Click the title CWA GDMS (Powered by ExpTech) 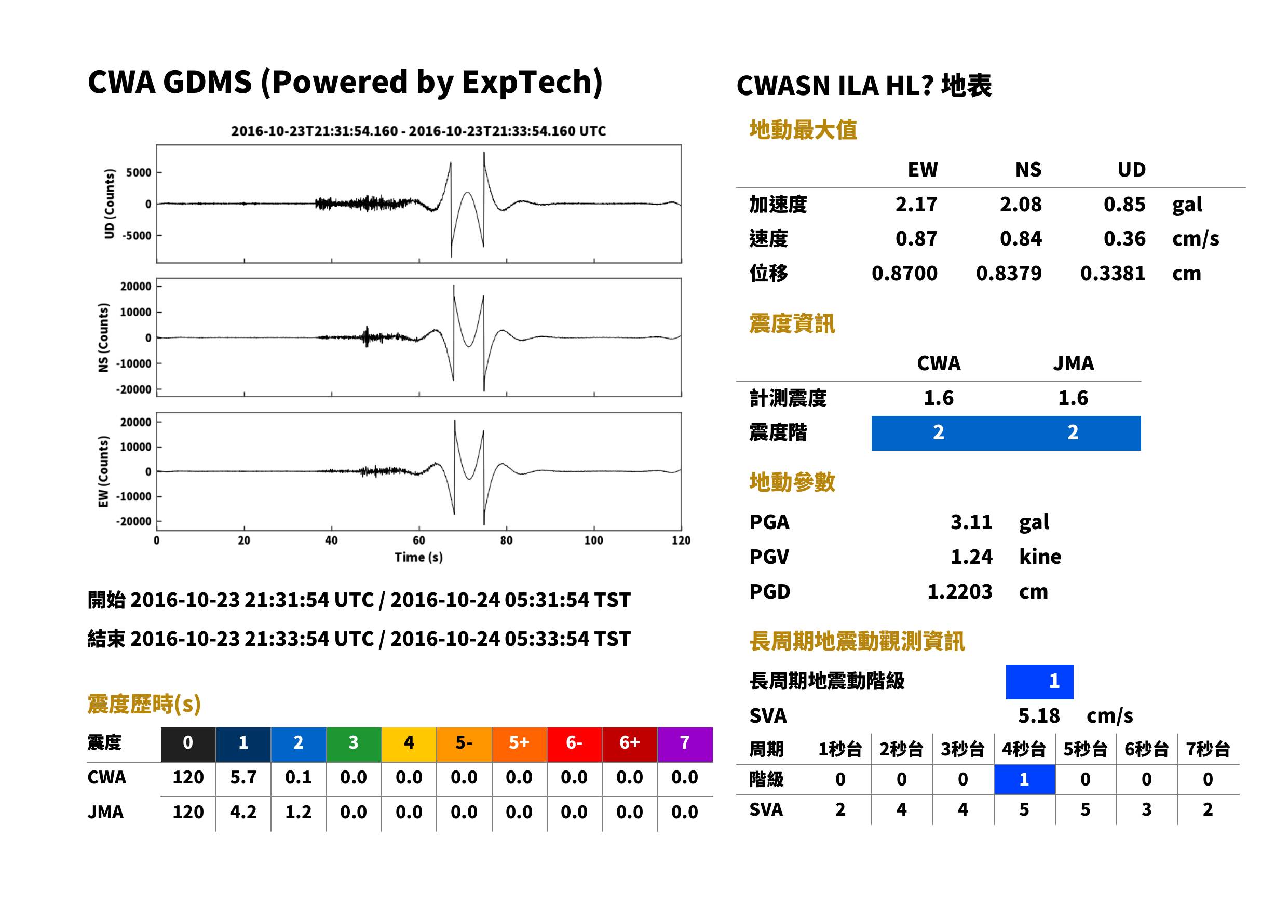(x=345, y=83)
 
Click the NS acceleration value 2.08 (x=1020, y=205)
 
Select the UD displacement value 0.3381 (x=1113, y=274)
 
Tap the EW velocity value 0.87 (x=916, y=239)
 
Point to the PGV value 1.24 (x=971, y=557)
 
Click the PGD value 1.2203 (x=959, y=592)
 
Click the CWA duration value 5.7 (x=243, y=778)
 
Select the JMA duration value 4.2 (x=243, y=813)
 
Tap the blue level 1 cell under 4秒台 (x=1024, y=779)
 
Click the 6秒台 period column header (x=1146, y=750)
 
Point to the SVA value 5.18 (x=1039, y=716)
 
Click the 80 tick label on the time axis (x=506, y=540)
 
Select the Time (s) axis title (x=418, y=558)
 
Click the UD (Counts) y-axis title (x=110, y=204)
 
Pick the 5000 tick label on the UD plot (x=139, y=173)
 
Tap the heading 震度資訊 (x=792, y=324)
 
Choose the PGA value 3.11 (x=971, y=522)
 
